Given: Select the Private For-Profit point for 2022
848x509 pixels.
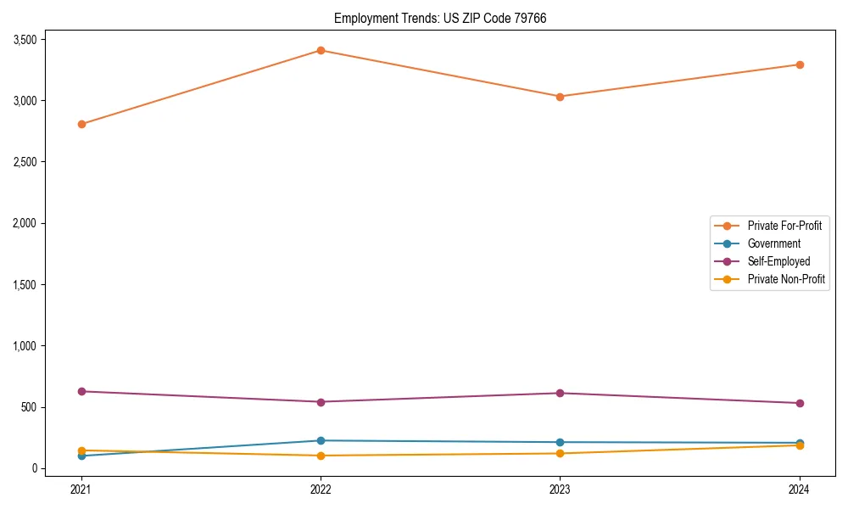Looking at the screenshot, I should (321, 50).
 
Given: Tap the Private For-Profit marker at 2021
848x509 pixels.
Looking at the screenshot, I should (81, 124).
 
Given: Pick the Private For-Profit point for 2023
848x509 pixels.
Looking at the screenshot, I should (560, 97).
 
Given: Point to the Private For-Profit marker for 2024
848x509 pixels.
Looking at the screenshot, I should (799, 64).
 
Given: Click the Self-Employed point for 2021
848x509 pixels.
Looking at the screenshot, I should (81, 391).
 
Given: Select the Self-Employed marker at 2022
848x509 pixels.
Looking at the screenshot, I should (321, 402).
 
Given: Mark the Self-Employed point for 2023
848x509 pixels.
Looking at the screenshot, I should (560, 393).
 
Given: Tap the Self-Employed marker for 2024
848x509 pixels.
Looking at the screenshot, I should (799, 403).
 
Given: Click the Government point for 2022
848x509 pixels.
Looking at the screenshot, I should (321, 440).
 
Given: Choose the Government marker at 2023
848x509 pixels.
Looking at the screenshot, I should (560, 442).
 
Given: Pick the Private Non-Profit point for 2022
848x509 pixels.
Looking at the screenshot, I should (321, 456).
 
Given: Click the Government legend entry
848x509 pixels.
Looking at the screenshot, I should (773, 243).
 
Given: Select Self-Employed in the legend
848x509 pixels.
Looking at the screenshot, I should (778, 261).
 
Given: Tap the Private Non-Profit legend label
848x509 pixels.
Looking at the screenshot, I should (786, 279).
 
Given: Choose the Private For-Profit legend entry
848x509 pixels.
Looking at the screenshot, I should (784, 226).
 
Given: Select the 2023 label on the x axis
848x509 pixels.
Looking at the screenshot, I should (560, 489).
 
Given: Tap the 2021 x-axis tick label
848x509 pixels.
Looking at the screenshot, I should (81, 489).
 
